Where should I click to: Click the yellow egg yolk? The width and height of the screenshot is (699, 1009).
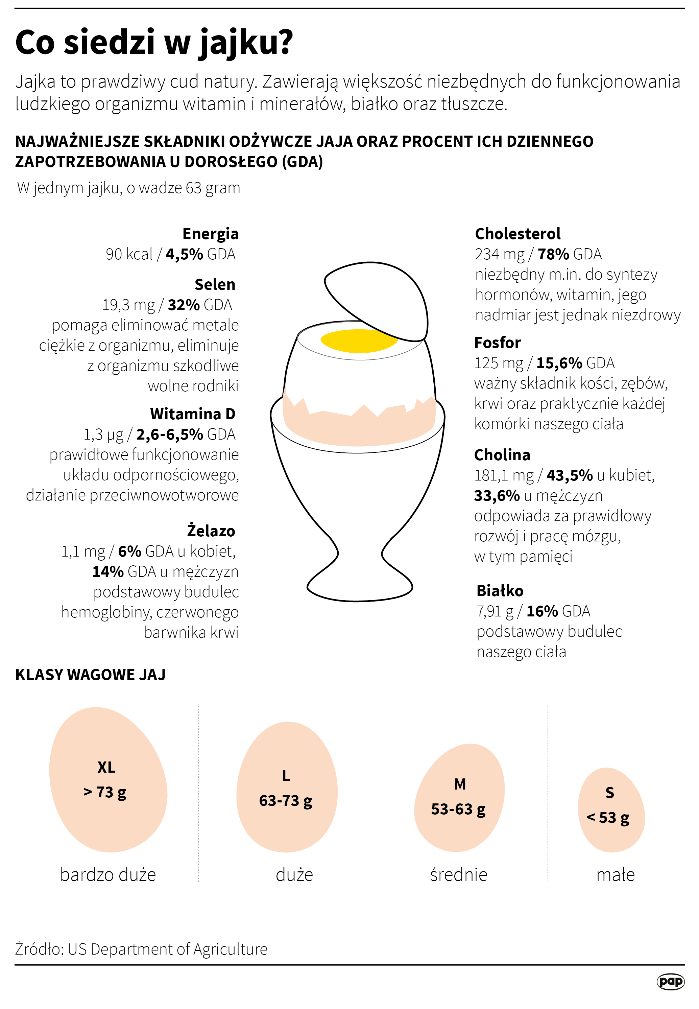359,341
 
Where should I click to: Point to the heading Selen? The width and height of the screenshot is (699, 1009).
215,284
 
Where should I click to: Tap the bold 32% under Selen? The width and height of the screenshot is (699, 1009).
184,305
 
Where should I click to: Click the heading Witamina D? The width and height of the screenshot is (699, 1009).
193,414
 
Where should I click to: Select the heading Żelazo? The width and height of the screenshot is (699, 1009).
211,531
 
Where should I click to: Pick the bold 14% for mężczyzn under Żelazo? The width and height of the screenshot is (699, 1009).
108,571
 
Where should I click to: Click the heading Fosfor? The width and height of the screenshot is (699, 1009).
498,343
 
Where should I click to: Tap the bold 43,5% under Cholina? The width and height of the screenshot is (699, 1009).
569,475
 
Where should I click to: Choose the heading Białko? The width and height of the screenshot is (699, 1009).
500,591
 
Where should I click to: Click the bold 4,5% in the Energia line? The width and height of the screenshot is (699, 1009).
184,254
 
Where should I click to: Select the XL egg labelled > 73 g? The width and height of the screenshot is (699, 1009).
108,780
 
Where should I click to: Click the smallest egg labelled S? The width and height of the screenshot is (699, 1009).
611,811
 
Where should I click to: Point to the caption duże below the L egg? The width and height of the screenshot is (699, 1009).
294,875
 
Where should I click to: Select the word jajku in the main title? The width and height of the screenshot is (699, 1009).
245,43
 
